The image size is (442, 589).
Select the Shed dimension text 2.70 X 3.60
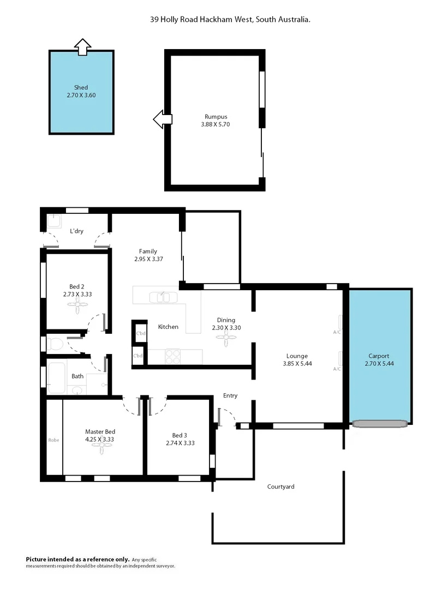[81, 95]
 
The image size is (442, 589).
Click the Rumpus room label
[216, 117]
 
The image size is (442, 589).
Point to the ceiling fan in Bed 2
[77, 306]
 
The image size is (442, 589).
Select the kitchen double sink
[163, 297]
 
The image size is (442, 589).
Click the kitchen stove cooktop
[172, 356]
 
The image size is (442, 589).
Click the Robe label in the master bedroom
[53, 440]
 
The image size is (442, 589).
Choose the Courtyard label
[280, 486]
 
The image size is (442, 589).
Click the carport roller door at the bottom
[380, 423]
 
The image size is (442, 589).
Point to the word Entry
[230, 395]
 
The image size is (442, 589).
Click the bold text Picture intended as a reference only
[78, 559]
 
